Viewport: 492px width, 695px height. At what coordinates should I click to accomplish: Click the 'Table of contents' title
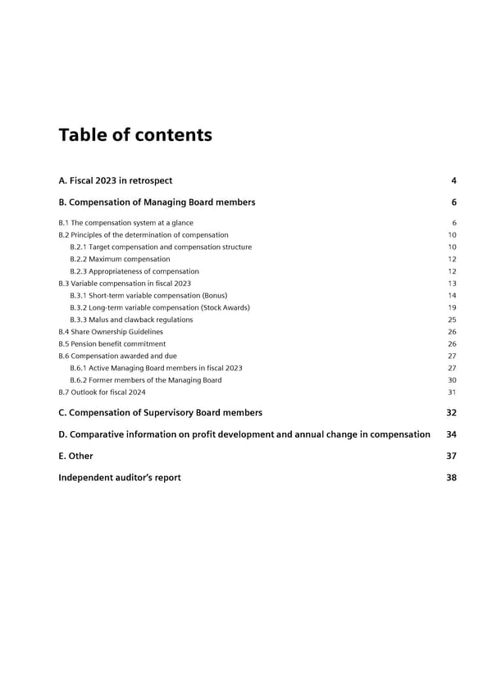coord(135,135)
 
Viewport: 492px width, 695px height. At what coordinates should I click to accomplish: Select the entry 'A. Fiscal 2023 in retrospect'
coord(115,180)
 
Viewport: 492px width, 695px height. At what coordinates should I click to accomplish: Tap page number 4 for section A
coord(453,180)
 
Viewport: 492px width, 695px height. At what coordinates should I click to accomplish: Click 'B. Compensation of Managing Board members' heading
coord(157,202)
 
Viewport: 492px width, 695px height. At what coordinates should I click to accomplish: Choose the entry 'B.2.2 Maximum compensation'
coord(120,259)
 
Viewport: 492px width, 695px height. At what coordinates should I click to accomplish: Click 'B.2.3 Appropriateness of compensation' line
coord(134,271)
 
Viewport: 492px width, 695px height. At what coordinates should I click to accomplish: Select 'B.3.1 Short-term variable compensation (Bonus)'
coord(148,295)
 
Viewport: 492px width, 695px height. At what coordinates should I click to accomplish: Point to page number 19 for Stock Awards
coord(452,307)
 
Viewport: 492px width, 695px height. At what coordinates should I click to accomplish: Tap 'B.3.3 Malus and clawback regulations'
coord(131,320)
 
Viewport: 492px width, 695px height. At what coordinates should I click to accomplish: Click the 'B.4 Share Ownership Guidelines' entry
coord(111,332)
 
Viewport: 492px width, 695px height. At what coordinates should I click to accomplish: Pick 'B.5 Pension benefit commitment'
coord(112,344)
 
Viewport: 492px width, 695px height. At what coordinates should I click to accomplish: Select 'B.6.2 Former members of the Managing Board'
coord(145,380)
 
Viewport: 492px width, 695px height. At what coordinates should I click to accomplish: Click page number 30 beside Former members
coord(452,380)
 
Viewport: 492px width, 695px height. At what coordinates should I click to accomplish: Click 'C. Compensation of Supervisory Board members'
coord(160,413)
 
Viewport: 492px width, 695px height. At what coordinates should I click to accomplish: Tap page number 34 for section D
coord(451,434)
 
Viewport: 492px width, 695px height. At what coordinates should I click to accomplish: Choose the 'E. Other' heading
coord(75,456)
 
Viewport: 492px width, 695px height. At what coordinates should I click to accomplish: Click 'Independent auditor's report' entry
coord(119,478)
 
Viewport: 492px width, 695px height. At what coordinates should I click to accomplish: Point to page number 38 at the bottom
coord(451,478)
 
